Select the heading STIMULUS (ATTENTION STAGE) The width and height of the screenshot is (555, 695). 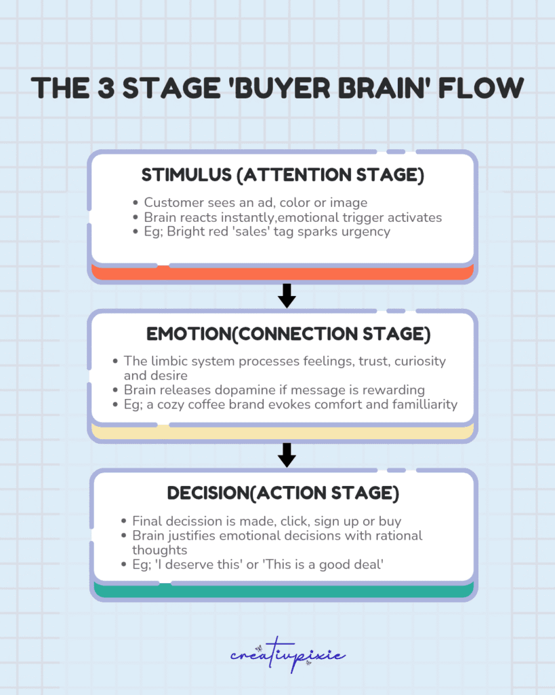pos(283,175)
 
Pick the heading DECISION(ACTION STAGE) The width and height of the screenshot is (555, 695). pos(283,493)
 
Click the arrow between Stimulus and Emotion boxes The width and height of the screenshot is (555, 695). pos(287,295)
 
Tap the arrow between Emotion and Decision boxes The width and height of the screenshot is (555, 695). pos(287,455)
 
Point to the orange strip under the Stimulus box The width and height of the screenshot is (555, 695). pos(283,273)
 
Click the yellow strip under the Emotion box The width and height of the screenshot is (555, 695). pos(283,432)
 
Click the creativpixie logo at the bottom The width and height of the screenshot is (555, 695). pos(287,656)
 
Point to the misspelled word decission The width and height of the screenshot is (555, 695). pos(193,521)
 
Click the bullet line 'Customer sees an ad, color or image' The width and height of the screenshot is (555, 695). pos(255,203)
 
